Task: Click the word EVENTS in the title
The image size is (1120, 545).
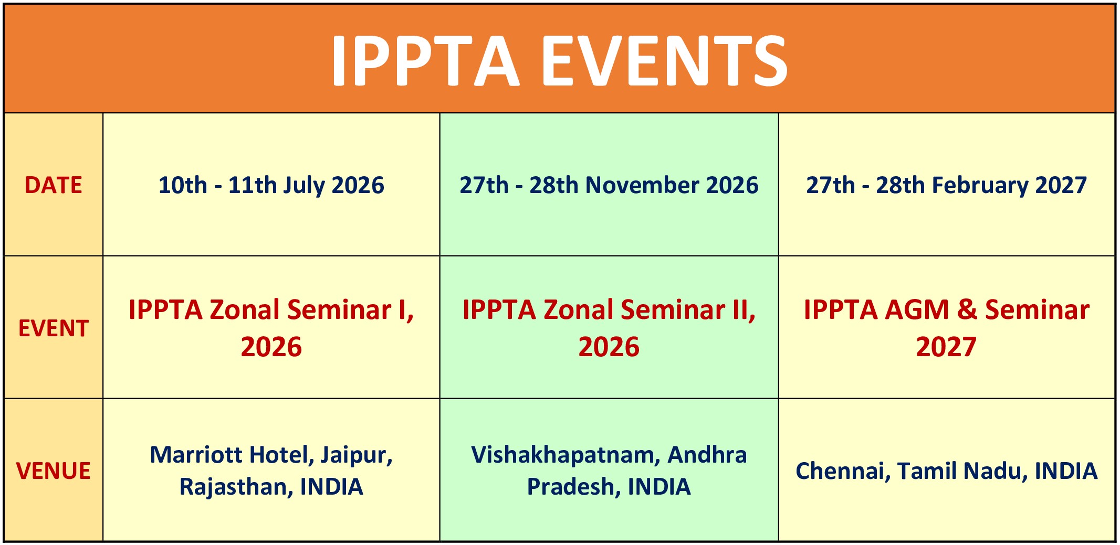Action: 664,60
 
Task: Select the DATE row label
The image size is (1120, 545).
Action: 54,185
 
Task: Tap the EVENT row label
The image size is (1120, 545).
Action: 54,328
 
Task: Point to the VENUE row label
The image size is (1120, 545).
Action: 54,471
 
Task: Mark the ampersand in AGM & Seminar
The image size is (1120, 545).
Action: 967,309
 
